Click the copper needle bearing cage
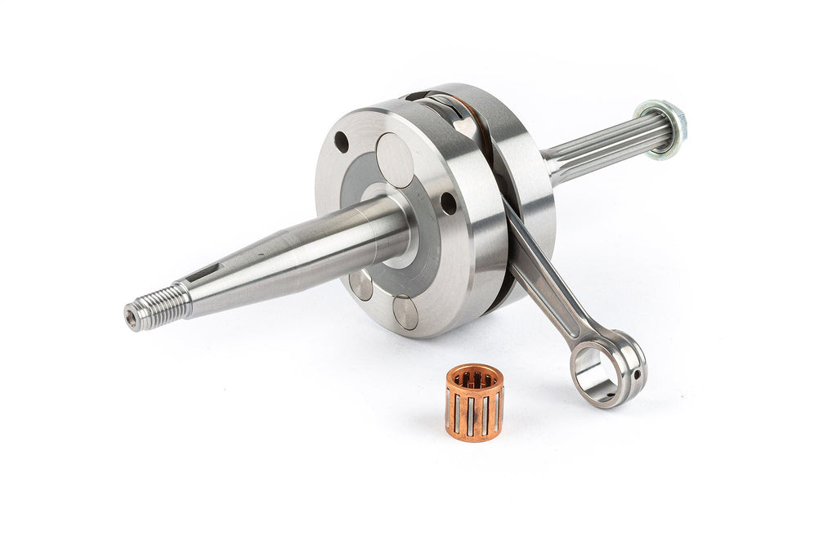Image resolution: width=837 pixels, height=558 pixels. (474, 402)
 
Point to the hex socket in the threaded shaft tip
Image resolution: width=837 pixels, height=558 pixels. (131, 316)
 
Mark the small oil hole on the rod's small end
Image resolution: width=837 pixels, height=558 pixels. (637, 375)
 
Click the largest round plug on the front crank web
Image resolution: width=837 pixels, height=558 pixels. (395, 160)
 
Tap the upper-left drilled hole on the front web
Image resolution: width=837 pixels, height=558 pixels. (342, 142)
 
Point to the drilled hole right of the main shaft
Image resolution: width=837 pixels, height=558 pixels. (448, 203)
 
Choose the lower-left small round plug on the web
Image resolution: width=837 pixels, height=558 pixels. (360, 283)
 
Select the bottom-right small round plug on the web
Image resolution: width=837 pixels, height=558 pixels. (405, 312)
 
